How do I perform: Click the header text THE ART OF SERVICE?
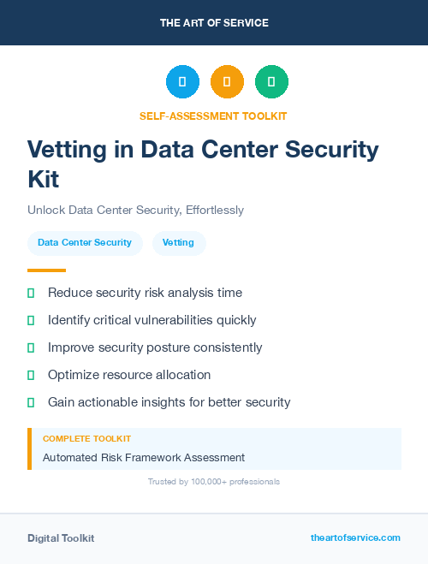click(x=214, y=23)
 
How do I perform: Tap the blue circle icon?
click(x=182, y=81)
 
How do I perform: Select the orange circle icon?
click(x=227, y=81)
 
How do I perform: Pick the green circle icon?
click(x=271, y=81)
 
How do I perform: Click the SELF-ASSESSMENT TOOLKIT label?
click(x=213, y=116)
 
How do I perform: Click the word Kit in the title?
click(x=44, y=180)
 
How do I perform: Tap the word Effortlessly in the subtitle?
click(x=212, y=210)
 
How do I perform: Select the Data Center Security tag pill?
click(x=85, y=242)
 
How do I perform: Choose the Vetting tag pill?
click(x=178, y=242)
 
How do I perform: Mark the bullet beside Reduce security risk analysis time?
click(x=31, y=293)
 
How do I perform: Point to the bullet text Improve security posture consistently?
click(x=155, y=347)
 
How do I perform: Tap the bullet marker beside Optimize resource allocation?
click(x=31, y=375)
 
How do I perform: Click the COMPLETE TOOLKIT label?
click(x=86, y=438)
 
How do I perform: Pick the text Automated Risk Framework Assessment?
click(x=144, y=458)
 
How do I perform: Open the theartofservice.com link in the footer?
click(x=355, y=537)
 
